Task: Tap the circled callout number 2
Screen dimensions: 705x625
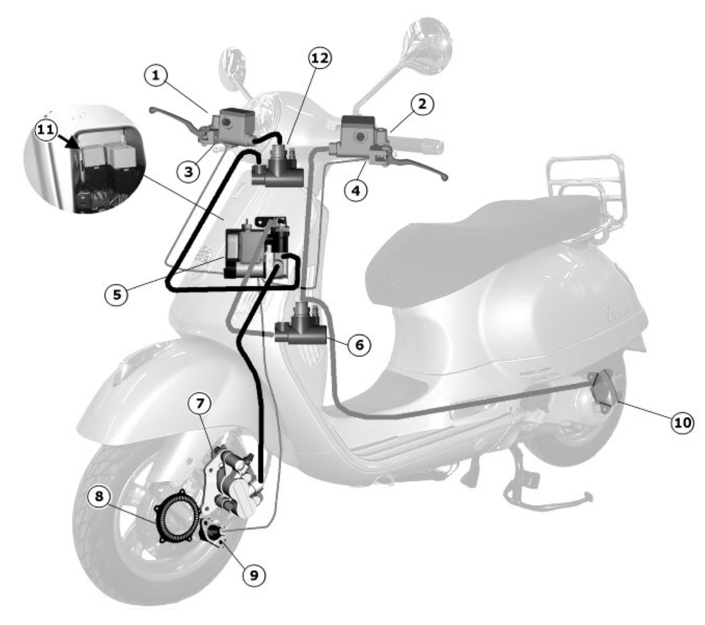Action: point(422,104)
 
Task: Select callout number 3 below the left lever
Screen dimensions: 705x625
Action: point(188,172)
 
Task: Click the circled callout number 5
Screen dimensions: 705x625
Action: point(117,294)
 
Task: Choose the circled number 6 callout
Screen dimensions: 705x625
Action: point(359,345)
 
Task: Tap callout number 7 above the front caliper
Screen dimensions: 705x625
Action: point(199,403)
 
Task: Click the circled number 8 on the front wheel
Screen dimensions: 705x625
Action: point(99,496)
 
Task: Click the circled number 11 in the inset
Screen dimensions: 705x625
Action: point(46,130)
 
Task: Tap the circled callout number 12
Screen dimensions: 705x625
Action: point(320,58)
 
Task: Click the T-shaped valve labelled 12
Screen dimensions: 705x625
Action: point(277,167)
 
